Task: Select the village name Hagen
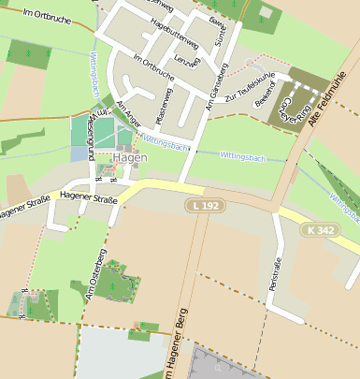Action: (130, 158)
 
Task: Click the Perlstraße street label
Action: (276, 272)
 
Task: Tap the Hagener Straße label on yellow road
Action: (88, 199)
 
